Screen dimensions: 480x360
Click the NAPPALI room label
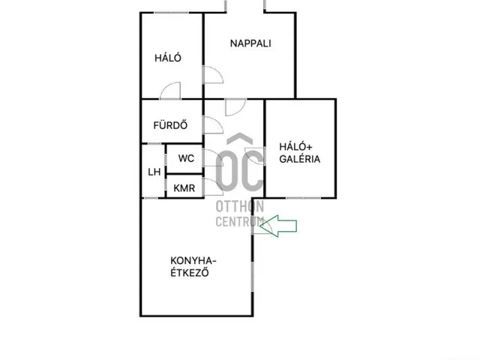(x=250, y=43)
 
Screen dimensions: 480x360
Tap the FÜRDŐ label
(x=170, y=125)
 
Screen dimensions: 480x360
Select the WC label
(x=186, y=158)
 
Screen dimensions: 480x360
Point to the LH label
(x=154, y=172)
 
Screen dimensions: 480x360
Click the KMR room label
(x=184, y=188)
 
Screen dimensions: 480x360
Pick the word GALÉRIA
(x=300, y=159)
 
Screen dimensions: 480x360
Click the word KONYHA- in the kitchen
(x=193, y=261)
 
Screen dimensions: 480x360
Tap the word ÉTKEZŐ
(x=190, y=272)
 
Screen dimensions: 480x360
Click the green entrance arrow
(x=278, y=226)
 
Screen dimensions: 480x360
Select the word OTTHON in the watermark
(x=240, y=207)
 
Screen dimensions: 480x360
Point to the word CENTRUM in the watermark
(x=240, y=221)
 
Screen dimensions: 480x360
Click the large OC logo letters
(x=239, y=170)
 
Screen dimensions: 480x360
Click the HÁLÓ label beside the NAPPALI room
(x=168, y=58)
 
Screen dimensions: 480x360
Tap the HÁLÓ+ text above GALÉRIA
(x=295, y=147)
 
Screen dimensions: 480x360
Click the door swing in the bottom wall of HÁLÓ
(x=170, y=91)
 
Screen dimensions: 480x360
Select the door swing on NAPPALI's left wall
(x=213, y=75)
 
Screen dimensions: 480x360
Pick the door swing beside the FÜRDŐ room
(x=213, y=125)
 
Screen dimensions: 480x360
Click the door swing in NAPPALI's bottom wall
(x=235, y=107)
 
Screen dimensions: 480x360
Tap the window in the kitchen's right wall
(x=253, y=276)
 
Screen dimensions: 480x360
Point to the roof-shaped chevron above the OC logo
(x=240, y=139)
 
